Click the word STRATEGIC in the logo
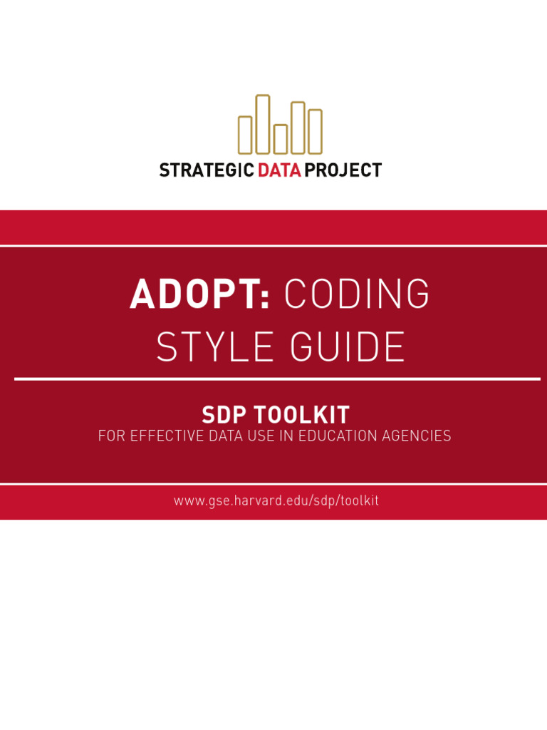click(x=207, y=170)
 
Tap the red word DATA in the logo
click(x=279, y=170)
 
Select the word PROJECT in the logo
click(x=343, y=170)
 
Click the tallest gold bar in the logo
click(x=263, y=124)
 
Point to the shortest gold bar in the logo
click(x=281, y=139)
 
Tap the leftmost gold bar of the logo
click(x=245, y=135)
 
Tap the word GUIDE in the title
click(x=347, y=347)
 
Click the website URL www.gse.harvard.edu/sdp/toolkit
click(x=276, y=500)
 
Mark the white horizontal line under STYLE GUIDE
click(x=276, y=379)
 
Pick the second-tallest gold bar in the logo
click(x=298, y=128)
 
